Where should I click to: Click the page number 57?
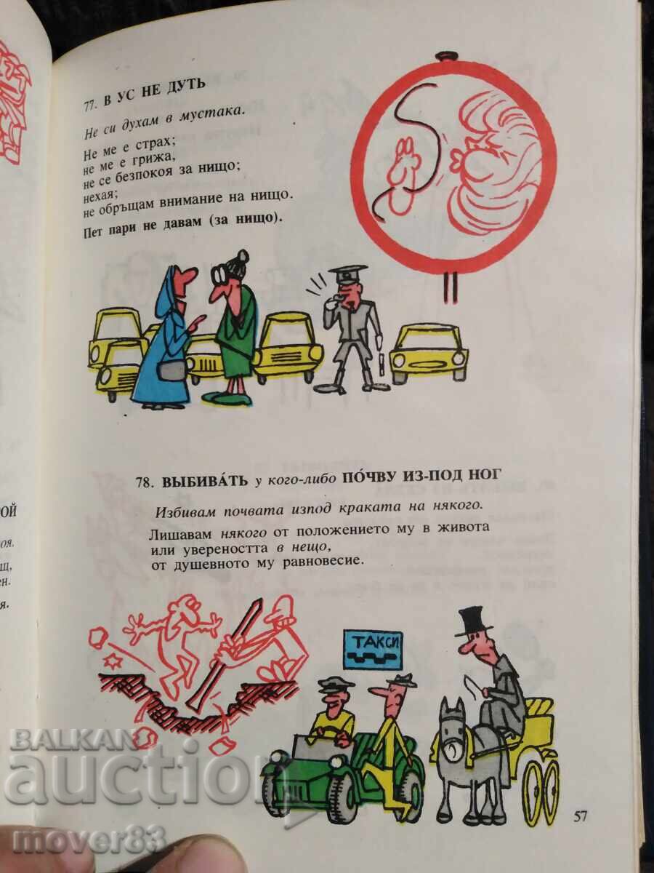[580, 816]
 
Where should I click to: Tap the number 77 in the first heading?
[89, 105]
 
